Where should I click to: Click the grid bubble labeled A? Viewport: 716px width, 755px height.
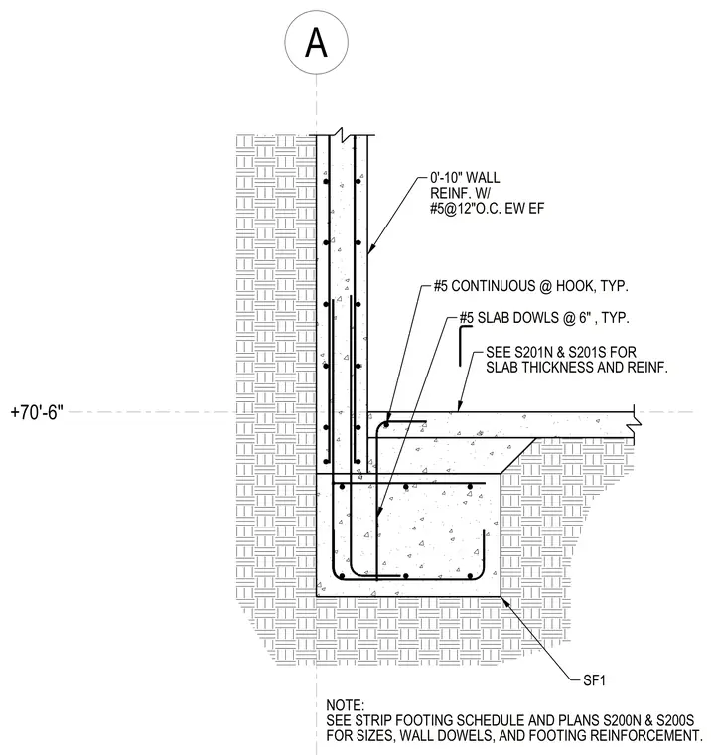[316, 42]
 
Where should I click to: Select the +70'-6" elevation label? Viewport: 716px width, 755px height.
[37, 412]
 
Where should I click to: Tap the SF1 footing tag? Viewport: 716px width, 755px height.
[594, 680]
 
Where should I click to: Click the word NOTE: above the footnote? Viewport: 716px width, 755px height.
[345, 705]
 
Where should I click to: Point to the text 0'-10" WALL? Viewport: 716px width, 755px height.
[465, 178]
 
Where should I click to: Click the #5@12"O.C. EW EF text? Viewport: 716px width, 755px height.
[487, 209]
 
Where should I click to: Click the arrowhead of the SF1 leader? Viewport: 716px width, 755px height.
[504, 599]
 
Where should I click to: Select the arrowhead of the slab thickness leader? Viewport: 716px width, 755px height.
[460, 407]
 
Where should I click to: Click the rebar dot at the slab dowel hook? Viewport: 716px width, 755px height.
[386, 425]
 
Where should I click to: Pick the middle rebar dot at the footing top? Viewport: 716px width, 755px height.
[406, 487]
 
